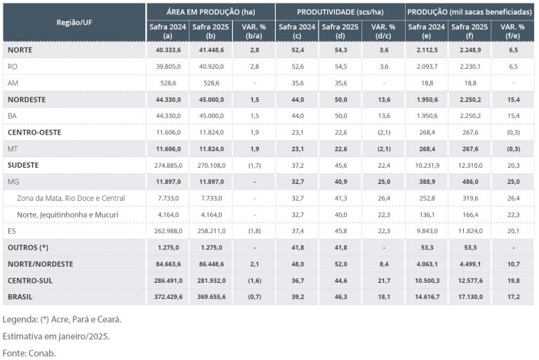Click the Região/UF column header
pyautogui.click(x=74, y=22)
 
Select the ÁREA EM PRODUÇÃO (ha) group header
pyautogui.click(x=211, y=12)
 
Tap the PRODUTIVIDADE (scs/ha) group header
pyautogui.click(x=340, y=12)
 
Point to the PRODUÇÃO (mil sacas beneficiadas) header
pyautogui.click(x=470, y=12)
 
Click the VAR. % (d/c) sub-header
pyautogui.click(x=383, y=31)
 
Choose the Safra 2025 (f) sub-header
pyautogui.click(x=470, y=31)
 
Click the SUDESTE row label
pyautogui.click(x=22, y=165)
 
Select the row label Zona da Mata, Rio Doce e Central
pyautogui.click(x=72, y=198)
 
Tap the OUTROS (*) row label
pyautogui.click(x=28, y=247)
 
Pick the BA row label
pyautogui.click(x=12, y=115)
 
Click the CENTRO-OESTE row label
pyautogui.click(x=34, y=132)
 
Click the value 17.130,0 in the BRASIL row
pyautogui.click(x=470, y=297)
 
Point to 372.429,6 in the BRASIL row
pyautogui.click(x=167, y=297)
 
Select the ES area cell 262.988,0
pyautogui.click(x=167, y=231)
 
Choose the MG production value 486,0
pyautogui.click(x=470, y=181)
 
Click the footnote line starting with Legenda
pyautogui.click(x=62, y=319)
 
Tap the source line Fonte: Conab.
pyautogui.click(x=29, y=352)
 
